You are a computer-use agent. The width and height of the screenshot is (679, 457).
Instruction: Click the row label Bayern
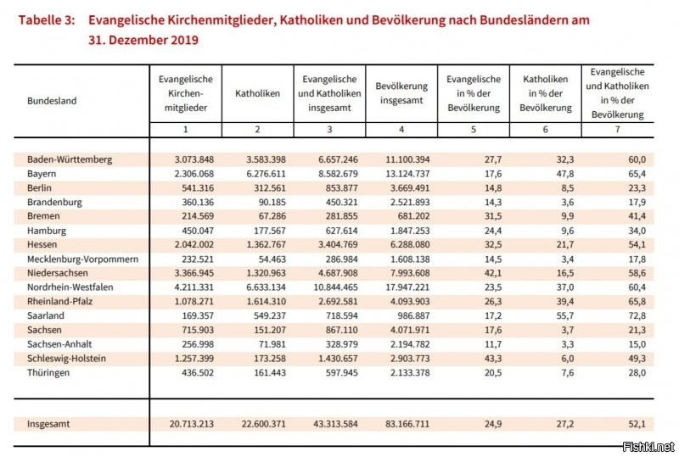pos(42,174)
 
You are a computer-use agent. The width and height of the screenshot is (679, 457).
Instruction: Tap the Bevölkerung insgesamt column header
pos(401,93)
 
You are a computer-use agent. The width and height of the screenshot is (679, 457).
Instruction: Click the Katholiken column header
pos(258,93)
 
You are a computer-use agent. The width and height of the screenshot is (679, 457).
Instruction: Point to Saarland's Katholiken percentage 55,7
pos(565,315)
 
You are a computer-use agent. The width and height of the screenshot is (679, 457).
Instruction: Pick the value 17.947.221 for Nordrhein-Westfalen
pos(407,287)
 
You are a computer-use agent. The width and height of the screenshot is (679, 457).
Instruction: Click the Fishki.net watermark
pos(648,446)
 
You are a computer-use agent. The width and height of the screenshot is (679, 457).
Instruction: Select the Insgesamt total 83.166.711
pos(407,424)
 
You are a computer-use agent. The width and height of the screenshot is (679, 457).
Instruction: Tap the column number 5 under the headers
pos(474,130)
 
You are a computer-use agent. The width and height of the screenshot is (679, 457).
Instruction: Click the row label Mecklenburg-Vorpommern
pos(82,259)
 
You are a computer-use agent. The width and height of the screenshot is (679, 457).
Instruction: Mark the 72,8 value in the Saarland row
pos(637,315)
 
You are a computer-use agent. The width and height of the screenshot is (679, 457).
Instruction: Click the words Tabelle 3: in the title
pos(47,20)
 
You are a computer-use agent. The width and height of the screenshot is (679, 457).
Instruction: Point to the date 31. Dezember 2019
pos(143,40)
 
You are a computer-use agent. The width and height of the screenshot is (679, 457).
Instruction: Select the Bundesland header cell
pos(52,101)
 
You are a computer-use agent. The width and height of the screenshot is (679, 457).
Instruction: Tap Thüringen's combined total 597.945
pos(342,372)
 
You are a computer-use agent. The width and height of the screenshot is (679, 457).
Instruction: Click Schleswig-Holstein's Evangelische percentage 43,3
pos(493,359)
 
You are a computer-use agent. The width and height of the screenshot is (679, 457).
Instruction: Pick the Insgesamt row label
pos(48,424)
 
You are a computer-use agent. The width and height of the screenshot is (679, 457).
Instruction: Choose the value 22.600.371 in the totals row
pos(264,424)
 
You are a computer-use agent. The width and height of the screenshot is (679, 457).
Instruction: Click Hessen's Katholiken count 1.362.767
pos(267,244)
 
